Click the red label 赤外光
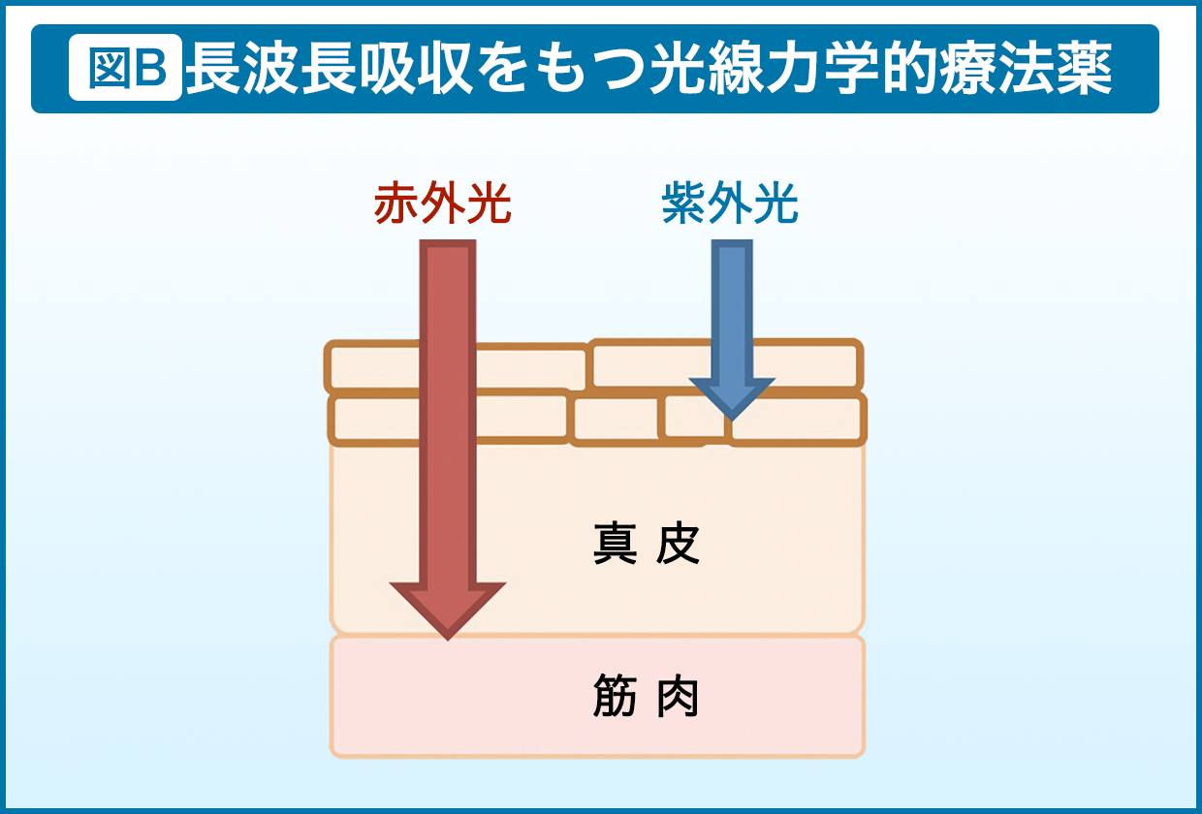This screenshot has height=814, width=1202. (x=442, y=204)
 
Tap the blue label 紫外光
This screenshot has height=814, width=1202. (x=730, y=204)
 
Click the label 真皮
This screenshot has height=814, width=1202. (x=646, y=547)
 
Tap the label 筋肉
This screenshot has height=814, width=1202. (x=646, y=697)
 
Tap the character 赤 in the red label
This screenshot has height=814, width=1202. (x=396, y=204)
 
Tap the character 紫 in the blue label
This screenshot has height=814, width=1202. (x=684, y=204)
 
